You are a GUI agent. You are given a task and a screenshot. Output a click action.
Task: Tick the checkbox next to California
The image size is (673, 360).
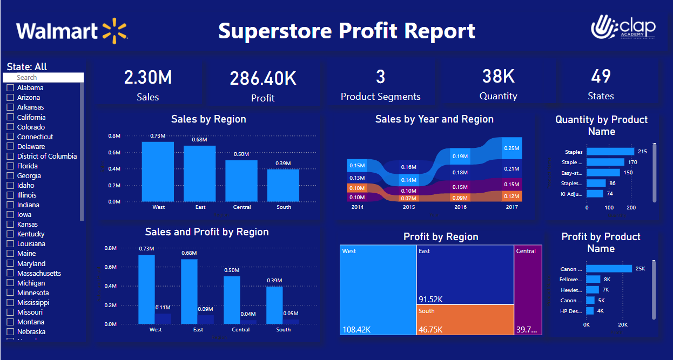point(10,117)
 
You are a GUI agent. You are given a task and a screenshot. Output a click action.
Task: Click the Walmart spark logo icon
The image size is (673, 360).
point(114,30)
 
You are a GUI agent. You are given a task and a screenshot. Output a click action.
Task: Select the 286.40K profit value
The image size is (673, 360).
point(263,79)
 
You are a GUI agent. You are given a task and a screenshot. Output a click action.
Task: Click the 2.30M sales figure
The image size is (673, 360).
point(147,78)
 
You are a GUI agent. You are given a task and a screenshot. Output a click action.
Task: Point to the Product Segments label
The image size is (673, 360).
point(380,97)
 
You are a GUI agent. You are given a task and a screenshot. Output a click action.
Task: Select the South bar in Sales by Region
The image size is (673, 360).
point(284,185)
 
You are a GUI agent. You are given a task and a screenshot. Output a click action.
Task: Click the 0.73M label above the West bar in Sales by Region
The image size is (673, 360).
point(158,135)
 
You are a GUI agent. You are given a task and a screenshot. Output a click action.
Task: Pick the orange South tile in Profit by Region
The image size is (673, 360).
point(465,320)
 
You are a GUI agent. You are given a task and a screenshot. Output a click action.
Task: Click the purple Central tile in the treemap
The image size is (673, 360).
point(528,289)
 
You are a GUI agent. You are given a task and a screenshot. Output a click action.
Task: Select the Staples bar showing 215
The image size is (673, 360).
point(610,152)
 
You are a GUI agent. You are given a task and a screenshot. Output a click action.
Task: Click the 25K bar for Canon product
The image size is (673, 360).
point(609,268)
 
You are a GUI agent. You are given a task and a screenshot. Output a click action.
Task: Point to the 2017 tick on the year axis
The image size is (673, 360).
point(512,207)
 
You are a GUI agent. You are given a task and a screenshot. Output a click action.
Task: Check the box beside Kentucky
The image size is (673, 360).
point(10,234)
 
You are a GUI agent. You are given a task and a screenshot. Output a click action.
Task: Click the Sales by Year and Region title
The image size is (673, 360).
point(434,119)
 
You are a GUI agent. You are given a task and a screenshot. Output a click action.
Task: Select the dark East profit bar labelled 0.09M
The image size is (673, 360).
point(205,319)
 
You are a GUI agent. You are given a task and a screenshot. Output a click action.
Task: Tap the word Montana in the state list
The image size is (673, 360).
point(31,322)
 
